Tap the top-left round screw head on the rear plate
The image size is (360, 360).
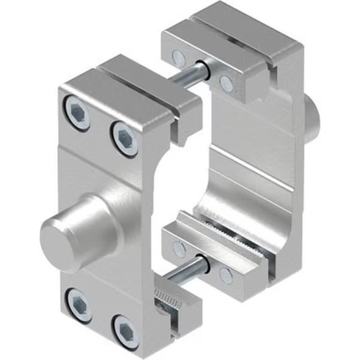(x=178, y=58)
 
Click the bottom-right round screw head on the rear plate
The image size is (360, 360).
(x=226, y=276)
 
